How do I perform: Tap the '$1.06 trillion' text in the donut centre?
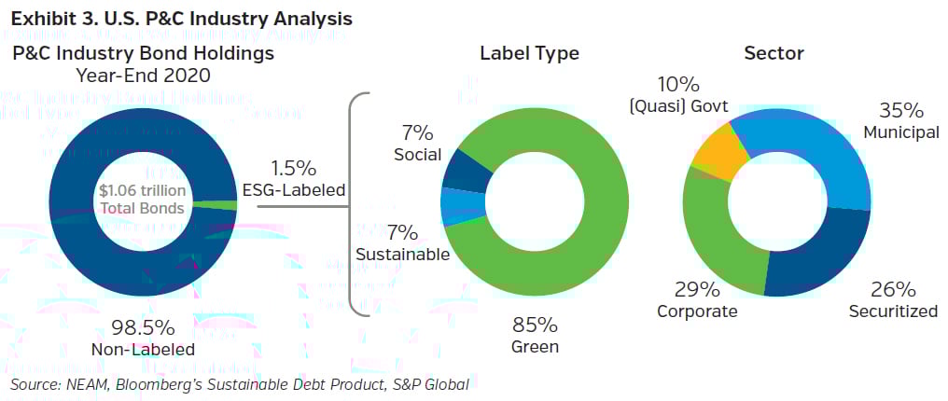click(x=142, y=191)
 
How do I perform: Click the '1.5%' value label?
click(x=293, y=169)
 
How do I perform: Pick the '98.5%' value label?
click(x=142, y=327)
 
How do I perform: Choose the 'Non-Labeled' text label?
click(x=142, y=350)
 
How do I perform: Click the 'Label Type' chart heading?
click(x=529, y=53)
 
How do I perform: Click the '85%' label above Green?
click(x=535, y=325)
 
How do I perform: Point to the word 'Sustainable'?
click(x=402, y=255)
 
